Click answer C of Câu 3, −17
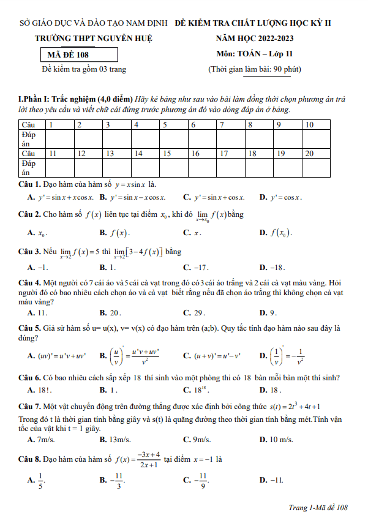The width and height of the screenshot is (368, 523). coord(196,268)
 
